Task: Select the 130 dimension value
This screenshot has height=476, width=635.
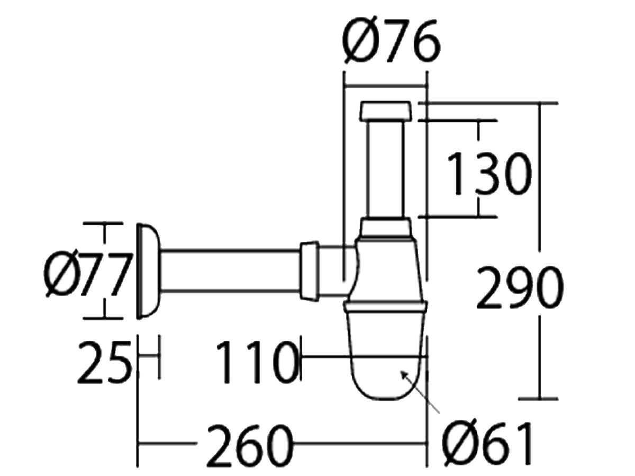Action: (488, 174)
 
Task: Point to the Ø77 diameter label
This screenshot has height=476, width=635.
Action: (87, 275)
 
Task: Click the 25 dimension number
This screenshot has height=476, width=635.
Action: (103, 363)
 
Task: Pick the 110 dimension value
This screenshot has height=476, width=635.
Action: (257, 363)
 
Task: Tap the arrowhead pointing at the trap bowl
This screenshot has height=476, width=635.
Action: (404, 374)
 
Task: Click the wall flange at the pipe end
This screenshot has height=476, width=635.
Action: (147, 271)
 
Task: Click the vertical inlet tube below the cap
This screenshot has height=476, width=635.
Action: (386, 169)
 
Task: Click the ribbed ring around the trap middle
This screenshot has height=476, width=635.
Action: (386, 306)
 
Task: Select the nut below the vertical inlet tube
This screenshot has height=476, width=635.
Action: (386, 228)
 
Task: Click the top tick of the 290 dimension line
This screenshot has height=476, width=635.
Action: (539, 103)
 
